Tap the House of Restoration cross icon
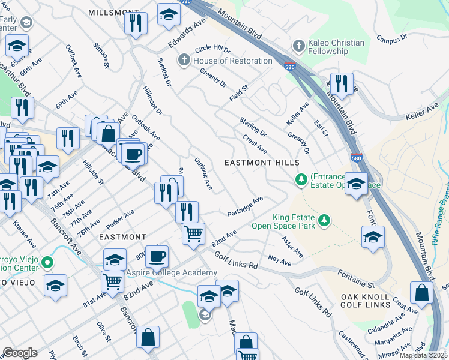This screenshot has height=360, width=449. (184, 61)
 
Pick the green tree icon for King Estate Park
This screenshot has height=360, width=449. (324, 221)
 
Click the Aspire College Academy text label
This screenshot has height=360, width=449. (171, 273)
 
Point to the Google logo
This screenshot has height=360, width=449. (20, 353)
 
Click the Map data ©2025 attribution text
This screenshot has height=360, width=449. (423, 355)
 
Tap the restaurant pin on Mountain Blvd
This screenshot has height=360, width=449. (342, 83)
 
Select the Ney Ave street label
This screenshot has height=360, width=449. (279, 261)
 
